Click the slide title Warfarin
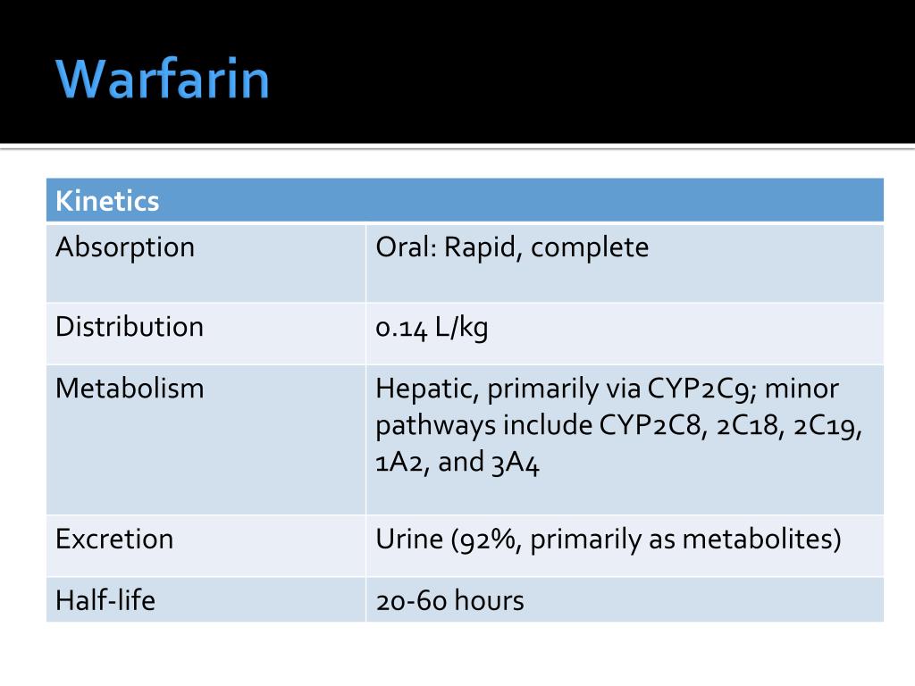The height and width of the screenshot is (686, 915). coord(163,79)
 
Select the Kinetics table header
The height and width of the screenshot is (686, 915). coord(107,201)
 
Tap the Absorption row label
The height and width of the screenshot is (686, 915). coord(125,247)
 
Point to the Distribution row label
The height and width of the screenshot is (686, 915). coord(130,327)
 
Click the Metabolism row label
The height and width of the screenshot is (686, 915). coord(130,389)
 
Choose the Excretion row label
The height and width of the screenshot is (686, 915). coord(114,539)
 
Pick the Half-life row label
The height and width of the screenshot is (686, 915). coord(105,600)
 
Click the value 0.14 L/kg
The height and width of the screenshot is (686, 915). coord(432,328)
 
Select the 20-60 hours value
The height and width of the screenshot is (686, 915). coord(449,600)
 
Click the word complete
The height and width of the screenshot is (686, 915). coord(590,247)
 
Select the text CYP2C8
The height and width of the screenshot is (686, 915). coord(652,426)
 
